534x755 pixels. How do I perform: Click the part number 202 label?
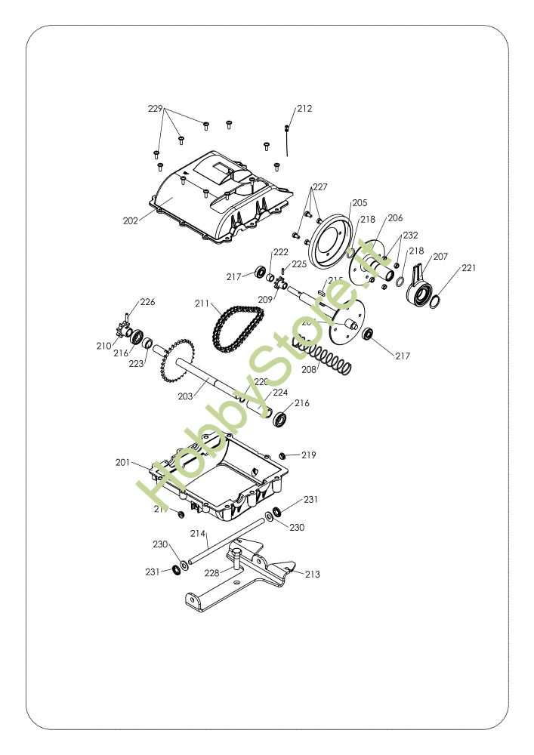pos(130,220)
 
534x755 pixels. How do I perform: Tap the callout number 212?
pos(304,109)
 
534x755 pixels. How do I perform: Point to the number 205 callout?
pos(360,202)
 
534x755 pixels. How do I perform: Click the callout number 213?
pos(312,575)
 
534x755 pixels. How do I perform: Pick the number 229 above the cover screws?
pos(155,109)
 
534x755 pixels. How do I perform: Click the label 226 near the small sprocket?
pos(147,302)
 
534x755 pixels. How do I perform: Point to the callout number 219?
pos(309,455)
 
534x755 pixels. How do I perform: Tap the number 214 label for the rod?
pos(198,534)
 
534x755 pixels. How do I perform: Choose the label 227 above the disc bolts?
pos(320,186)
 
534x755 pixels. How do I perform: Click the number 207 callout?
pos(440,257)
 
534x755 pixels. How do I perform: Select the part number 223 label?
pos(135,364)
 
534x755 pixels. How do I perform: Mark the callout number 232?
pos(410,235)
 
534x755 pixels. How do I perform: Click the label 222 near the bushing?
pos(280,252)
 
